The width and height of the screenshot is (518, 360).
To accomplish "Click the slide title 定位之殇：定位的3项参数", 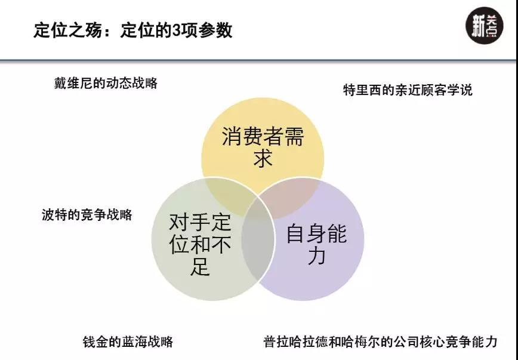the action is point(132,30).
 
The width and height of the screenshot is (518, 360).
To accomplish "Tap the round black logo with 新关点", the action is point(482,28).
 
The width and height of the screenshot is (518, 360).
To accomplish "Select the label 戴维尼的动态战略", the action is point(106,83).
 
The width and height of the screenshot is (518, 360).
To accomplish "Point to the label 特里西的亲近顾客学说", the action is point(408,90).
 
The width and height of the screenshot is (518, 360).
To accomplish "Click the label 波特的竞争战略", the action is point(87,214).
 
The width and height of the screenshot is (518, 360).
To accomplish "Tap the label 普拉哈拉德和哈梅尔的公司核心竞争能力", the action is point(380,342).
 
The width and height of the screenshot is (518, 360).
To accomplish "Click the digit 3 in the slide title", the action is point(177,30).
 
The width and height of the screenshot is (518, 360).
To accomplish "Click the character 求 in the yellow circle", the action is point(263,159).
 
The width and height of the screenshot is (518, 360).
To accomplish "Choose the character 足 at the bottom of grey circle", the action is point(201,266).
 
